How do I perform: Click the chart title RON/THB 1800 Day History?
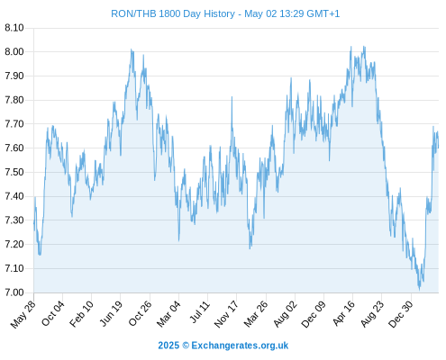[x=173, y=13]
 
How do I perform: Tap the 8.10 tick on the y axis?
[x=14, y=28]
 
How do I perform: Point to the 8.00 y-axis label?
[x=14, y=51]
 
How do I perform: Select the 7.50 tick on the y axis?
[x=14, y=172]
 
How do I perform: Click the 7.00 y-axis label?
[x=14, y=292]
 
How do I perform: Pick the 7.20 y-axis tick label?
[x=14, y=244]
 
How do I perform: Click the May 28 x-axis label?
[x=23, y=314]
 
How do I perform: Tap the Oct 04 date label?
[x=52, y=313]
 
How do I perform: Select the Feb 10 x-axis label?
[x=81, y=314]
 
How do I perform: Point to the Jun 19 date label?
[x=111, y=313]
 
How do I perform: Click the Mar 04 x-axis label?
[x=168, y=314]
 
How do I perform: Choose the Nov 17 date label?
[x=226, y=314]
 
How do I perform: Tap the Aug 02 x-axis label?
[x=285, y=314]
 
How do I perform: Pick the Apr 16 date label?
[x=343, y=313]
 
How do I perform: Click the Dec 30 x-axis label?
[x=400, y=314]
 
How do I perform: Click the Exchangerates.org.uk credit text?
[x=240, y=346]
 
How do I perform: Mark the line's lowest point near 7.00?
[x=420, y=289]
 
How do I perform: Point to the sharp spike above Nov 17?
[x=232, y=97]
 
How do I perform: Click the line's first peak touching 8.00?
[x=132, y=49]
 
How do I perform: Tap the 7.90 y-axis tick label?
[x=14, y=76]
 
